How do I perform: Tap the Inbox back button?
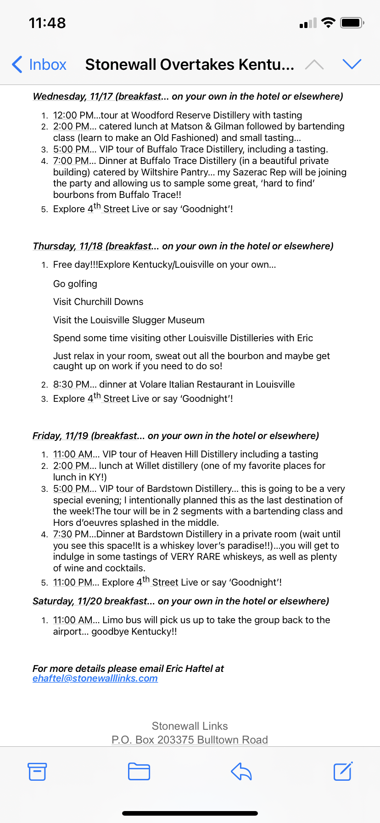[x=39, y=65]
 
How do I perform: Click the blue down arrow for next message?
[x=352, y=64]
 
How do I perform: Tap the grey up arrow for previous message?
[x=314, y=65]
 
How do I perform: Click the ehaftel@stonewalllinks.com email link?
[x=95, y=678]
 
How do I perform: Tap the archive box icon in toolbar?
[x=37, y=772]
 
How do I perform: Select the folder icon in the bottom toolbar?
[x=139, y=772]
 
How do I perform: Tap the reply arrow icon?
[x=241, y=772]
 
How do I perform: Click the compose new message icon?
[x=343, y=772]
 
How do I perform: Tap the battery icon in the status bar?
[x=352, y=23]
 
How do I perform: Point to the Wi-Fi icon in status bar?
[x=328, y=23]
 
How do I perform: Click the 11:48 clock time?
[x=47, y=23]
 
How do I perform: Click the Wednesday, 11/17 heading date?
[x=73, y=96]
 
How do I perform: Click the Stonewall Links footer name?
[x=190, y=726]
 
